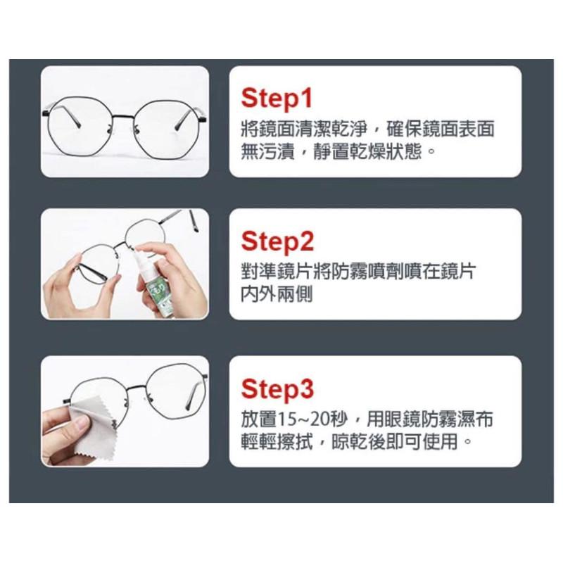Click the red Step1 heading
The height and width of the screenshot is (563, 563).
277,98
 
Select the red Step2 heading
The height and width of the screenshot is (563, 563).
277,241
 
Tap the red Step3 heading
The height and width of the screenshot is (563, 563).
277,388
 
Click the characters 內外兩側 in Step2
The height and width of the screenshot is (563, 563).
277,293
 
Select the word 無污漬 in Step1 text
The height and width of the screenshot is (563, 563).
267,151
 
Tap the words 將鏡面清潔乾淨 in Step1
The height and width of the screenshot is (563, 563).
304,129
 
